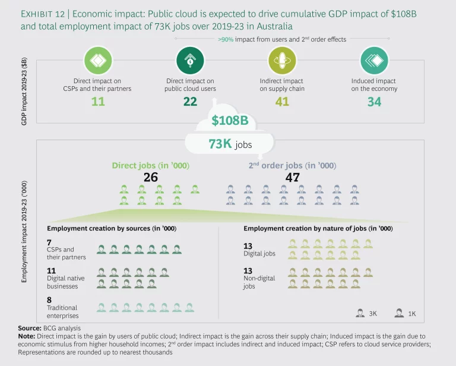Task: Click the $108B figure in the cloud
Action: pyautogui.click(x=231, y=121)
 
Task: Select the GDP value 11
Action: pyautogui.click(x=99, y=102)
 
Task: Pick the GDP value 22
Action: pyautogui.click(x=190, y=102)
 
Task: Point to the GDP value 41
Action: pyautogui.click(x=281, y=102)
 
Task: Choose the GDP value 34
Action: pyautogui.click(x=374, y=102)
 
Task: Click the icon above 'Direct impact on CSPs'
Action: pyautogui.click(x=99, y=60)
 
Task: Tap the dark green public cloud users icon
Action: pyautogui.click(x=190, y=60)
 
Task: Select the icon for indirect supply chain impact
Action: pyautogui.click(x=281, y=60)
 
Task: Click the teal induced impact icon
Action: pyautogui.click(x=374, y=60)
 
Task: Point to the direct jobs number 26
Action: pyautogui.click(x=150, y=177)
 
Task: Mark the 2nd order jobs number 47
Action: pyautogui.click(x=292, y=177)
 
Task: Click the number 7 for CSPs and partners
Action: pyautogui.click(x=49, y=242)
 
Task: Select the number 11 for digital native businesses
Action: pyautogui.click(x=52, y=270)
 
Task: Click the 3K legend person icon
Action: pyautogui.click(x=360, y=313)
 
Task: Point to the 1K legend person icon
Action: pyautogui.click(x=399, y=313)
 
